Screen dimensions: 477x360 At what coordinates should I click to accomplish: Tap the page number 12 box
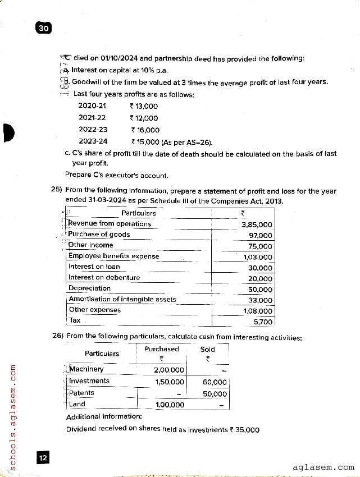[43, 458]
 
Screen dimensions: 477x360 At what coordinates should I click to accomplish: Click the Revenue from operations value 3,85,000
[257, 224]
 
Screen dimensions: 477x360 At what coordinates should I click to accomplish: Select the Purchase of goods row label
[99, 235]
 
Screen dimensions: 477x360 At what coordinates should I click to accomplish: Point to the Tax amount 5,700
[263, 322]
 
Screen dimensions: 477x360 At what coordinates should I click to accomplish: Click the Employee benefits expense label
[113, 256]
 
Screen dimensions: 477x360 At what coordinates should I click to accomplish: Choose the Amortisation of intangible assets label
[122, 299]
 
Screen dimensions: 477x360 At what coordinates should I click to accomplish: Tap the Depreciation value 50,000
[260, 290]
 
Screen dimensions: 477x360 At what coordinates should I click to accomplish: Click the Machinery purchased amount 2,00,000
[169, 370]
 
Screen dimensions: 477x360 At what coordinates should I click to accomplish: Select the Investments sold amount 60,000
[215, 382]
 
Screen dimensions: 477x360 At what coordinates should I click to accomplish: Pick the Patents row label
[81, 393]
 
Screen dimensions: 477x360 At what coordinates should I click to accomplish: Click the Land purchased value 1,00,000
[169, 405]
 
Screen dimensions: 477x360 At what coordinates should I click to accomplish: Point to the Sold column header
[207, 349]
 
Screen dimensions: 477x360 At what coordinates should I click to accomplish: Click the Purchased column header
[161, 349]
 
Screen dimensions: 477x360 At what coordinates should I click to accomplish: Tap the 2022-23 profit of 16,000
[144, 130]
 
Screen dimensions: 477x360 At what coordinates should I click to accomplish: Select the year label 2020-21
[92, 106]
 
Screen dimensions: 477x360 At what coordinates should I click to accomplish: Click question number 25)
[56, 191]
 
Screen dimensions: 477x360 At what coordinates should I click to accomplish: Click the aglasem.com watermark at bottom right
[323, 467]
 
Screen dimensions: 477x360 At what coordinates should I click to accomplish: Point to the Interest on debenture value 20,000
[260, 278]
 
